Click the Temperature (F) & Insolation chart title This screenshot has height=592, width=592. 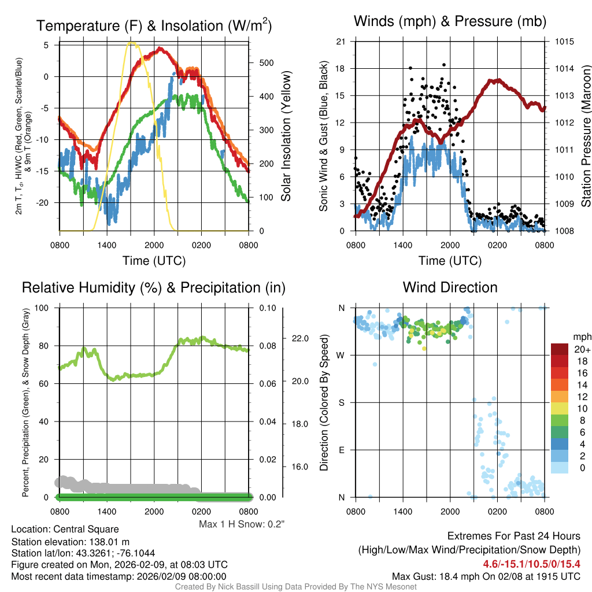click(154, 25)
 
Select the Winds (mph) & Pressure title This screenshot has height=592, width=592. click(450, 22)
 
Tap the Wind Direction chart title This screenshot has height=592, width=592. click(450, 287)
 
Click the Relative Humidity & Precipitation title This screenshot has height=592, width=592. click(154, 287)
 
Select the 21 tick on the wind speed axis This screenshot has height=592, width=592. click(341, 42)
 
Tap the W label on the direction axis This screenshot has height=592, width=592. click(342, 355)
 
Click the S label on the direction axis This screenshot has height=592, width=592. click(342, 402)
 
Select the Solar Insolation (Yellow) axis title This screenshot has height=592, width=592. click(286, 136)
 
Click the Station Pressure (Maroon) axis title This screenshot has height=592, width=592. click(586, 136)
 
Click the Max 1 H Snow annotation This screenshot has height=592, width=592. click(242, 524)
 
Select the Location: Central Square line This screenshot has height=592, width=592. click(65, 529)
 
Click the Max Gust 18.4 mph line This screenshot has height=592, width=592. click(486, 576)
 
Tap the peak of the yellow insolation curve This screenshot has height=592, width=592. click(131, 42)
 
